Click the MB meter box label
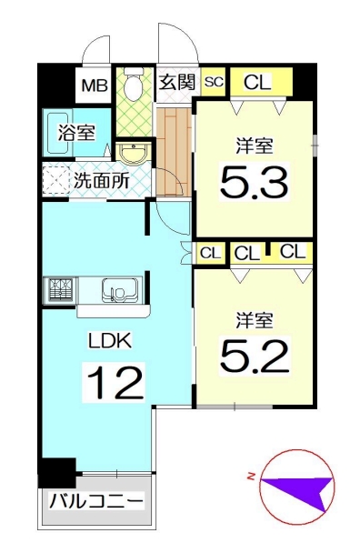pyautogui.click(x=95, y=85)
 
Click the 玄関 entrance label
pyautogui.click(x=177, y=83)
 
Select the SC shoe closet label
pyautogui.click(x=214, y=82)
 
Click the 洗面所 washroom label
pyautogui.click(x=102, y=181)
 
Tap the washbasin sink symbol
pyautogui.click(x=134, y=154)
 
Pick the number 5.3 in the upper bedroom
pyautogui.click(x=255, y=182)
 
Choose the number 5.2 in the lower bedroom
pyautogui.click(x=255, y=356)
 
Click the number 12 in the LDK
pyautogui.click(x=115, y=383)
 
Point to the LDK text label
pyautogui.click(x=110, y=341)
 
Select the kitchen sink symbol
pyautogui.click(x=120, y=290)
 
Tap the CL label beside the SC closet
pyautogui.click(x=258, y=82)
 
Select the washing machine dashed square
pyautogui.click(x=56, y=179)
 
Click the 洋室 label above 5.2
pyautogui.click(x=255, y=320)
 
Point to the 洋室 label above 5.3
pyautogui.click(x=255, y=146)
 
